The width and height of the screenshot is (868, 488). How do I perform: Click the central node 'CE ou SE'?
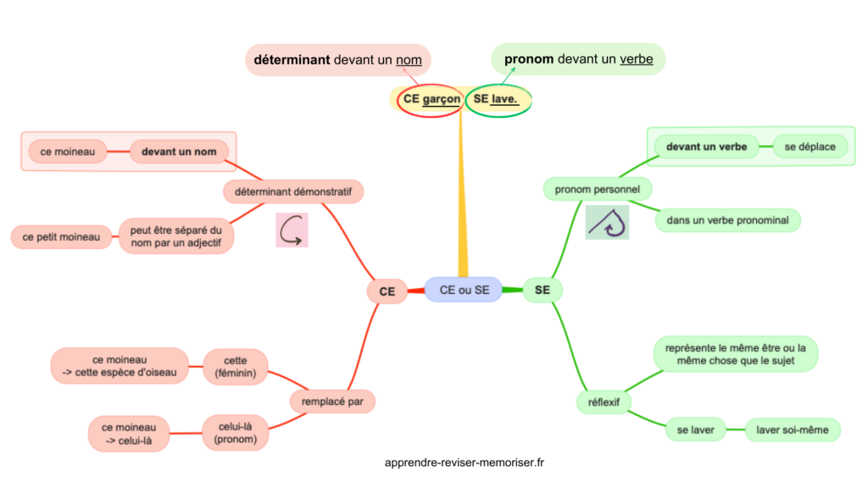[x=465, y=290]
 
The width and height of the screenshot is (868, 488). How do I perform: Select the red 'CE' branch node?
[x=387, y=291]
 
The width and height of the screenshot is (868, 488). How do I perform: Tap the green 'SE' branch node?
[x=542, y=291]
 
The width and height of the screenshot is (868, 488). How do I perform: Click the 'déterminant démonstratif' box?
[x=293, y=191]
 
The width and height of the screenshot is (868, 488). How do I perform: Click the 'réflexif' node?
[x=603, y=400]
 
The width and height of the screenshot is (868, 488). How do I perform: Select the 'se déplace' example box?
[x=810, y=147]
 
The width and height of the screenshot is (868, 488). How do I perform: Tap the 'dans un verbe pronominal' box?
[x=727, y=220]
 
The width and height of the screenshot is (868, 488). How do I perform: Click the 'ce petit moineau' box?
[x=62, y=237]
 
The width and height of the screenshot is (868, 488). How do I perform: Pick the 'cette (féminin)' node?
[x=236, y=365]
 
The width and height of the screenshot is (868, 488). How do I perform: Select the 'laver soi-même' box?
[x=793, y=430]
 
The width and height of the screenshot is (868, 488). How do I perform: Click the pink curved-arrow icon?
[x=292, y=230]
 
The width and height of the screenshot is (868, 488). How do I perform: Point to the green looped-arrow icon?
[x=607, y=222]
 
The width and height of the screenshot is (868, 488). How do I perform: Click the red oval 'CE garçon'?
[x=431, y=100]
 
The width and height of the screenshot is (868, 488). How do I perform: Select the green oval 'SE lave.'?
[x=498, y=100]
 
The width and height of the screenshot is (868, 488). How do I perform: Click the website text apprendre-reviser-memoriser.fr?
[x=465, y=463]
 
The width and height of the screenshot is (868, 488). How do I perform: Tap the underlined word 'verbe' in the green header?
[x=637, y=59]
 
